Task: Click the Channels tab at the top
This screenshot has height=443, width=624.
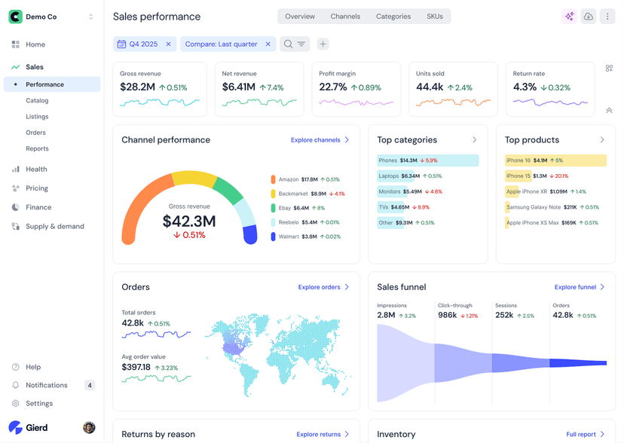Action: (x=345, y=17)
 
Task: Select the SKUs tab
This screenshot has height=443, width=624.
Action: (x=434, y=17)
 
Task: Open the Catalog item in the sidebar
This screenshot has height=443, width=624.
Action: (x=37, y=100)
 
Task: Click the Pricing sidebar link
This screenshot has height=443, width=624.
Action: (x=36, y=188)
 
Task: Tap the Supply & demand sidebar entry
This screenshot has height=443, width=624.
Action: (x=54, y=226)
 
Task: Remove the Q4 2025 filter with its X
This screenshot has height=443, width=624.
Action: (x=168, y=44)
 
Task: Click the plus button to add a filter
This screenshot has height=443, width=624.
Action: (x=323, y=44)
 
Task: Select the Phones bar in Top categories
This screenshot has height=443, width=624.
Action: (x=427, y=160)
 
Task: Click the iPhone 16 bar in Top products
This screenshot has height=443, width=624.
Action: (x=555, y=160)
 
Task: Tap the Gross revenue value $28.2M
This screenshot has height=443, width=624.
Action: (x=137, y=87)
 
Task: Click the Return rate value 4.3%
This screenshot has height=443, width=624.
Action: (x=525, y=87)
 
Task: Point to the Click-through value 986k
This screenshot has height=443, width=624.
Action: (x=447, y=315)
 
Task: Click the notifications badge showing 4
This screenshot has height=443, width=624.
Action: (x=90, y=385)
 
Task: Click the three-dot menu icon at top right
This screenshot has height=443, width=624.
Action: (x=607, y=17)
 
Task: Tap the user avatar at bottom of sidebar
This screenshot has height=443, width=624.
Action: (x=89, y=428)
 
